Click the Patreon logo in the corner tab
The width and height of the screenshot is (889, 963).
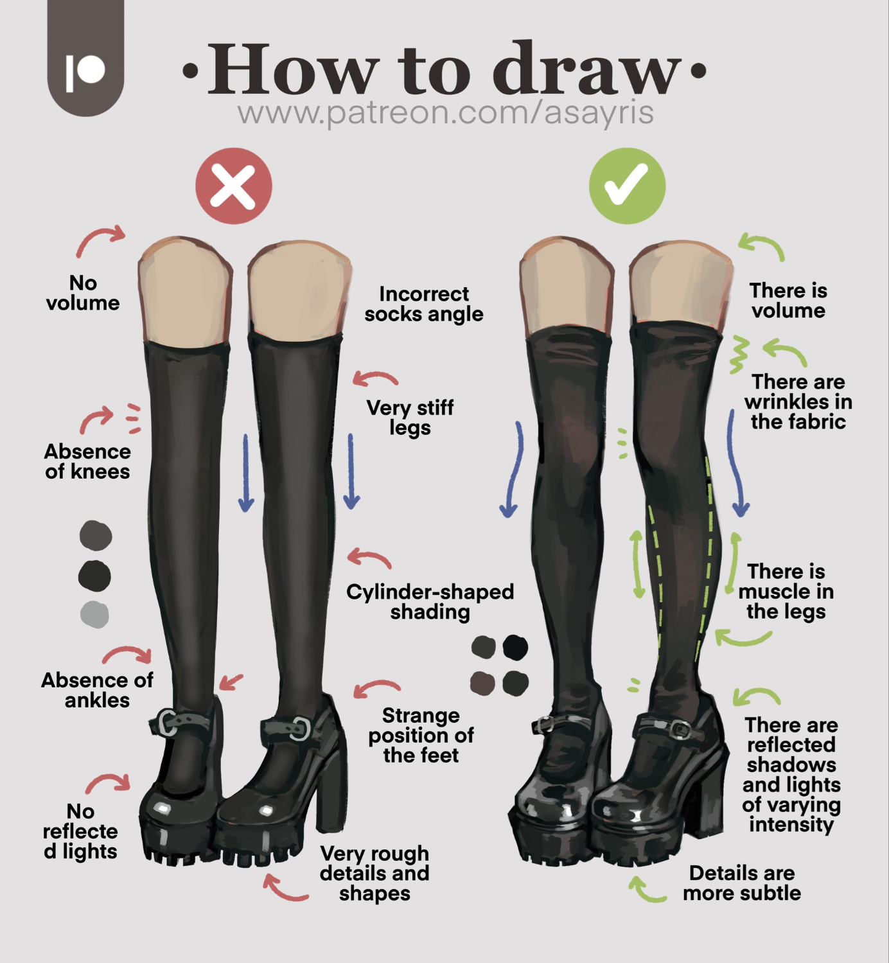(85, 72)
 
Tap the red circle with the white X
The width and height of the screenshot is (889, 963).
(233, 186)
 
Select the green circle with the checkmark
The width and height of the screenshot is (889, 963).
(627, 186)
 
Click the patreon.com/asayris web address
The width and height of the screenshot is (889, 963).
(445, 112)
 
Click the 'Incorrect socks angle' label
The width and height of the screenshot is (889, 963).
(424, 304)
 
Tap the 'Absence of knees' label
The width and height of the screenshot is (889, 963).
(87, 462)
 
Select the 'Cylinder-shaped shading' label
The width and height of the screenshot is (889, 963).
(430, 602)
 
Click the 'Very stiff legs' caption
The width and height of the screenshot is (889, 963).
(410, 418)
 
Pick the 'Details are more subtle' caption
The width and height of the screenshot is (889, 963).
(742, 883)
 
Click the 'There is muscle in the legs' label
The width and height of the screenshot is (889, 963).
(786, 592)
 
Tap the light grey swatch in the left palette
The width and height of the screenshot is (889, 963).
(94, 615)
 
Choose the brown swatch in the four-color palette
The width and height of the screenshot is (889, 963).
(482, 683)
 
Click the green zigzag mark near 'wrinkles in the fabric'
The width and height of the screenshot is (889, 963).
(739, 355)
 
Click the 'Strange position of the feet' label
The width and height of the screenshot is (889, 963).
(421, 736)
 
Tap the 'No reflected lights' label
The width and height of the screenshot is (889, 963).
(80, 831)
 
